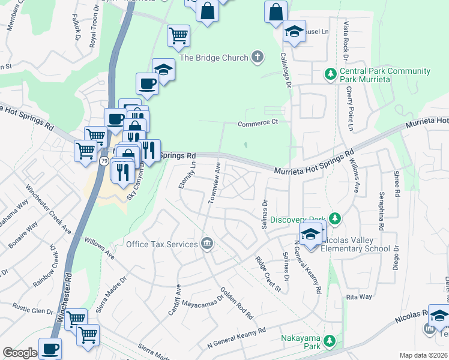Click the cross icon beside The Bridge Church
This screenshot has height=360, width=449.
(x=257, y=58)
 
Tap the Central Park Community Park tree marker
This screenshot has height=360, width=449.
(x=330, y=75)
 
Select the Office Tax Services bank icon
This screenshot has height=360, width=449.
(x=206, y=244)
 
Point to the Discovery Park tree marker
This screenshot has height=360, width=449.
(x=336, y=220)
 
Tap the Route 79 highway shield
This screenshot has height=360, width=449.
(x=104, y=161)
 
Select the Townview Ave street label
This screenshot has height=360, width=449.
(x=214, y=183)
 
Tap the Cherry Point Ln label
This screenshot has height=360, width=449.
(x=349, y=109)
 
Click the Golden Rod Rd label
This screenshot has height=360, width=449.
(x=236, y=304)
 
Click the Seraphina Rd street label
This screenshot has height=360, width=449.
(x=381, y=211)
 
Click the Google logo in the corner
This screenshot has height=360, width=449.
(x=20, y=353)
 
